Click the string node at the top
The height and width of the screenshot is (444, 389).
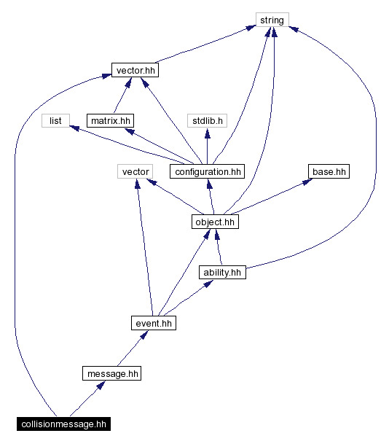click(272, 20)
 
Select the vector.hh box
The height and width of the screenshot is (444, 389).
click(135, 70)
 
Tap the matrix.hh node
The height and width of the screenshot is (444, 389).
click(111, 120)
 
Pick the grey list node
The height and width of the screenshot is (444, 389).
click(55, 120)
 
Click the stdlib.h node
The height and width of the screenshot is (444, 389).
click(207, 120)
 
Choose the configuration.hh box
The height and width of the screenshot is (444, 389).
click(207, 171)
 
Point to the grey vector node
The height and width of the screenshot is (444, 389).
click(135, 171)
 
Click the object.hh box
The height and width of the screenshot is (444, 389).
click(215, 222)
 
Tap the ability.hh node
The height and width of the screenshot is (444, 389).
click(222, 272)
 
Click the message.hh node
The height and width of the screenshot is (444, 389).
click(111, 373)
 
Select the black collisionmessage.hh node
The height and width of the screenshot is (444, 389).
click(63, 424)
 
